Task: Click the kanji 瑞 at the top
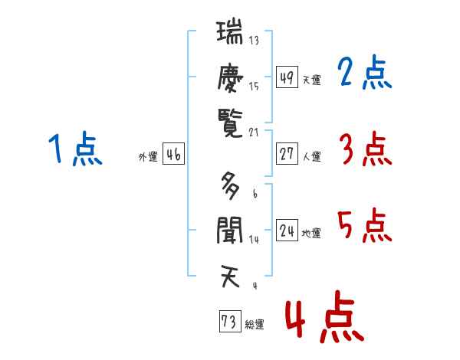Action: pyautogui.click(x=230, y=31)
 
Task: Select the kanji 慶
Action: pyautogui.click(x=230, y=77)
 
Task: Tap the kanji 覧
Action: pyautogui.click(x=230, y=123)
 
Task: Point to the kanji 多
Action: pyautogui.click(x=230, y=186)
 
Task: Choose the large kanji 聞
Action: pyautogui.click(x=230, y=231)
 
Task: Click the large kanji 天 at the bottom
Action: pyautogui.click(x=230, y=277)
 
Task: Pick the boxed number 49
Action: pyautogui.click(x=287, y=77)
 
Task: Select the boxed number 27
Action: pyautogui.click(x=287, y=154)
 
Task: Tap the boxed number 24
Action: pyautogui.click(x=287, y=230)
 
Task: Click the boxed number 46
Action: pyautogui.click(x=173, y=154)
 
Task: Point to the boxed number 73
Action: pyautogui.click(x=230, y=321)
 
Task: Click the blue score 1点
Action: pyautogui.click(x=75, y=149)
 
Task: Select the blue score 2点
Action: pyautogui.click(x=365, y=72)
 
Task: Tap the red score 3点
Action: pyautogui.click(x=366, y=149)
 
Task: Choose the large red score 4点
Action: pyautogui.click(x=325, y=316)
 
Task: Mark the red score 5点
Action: pyautogui.click(x=365, y=225)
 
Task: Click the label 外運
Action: pyautogui.click(x=148, y=156)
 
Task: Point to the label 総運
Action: pyautogui.click(x=255, y=324)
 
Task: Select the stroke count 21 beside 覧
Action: pyautogui.click(x=254, y=133)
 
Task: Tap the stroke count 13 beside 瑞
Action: pyautogui.click(x=254, y=40)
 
